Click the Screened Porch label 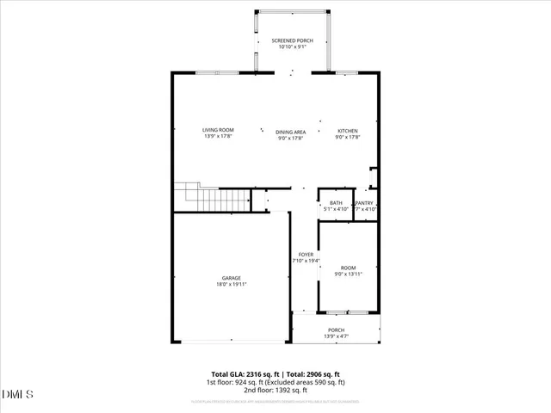coord(292,40)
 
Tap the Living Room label coord(218,130)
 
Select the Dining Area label coord(291,132)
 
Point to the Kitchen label coord(347,131)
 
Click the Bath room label coord(336,203)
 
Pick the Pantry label coord(365,203)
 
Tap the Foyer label coord(306,255)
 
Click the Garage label coord(231,278)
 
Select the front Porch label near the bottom coord(336,330)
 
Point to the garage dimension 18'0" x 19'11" coord(231,284)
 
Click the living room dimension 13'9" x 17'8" coord(218,136)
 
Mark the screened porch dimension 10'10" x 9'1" coord(292,47)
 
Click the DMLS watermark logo coord(17,395)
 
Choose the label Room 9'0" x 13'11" coord(348,271)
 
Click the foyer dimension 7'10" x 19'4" coord(306,261)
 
